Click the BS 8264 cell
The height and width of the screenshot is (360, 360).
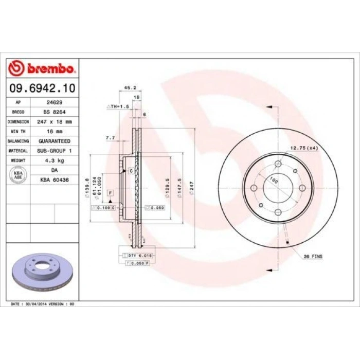tap(53, 112)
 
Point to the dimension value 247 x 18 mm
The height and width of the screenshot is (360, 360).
tap(53, 121)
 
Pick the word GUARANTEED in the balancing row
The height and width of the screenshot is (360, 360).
tap(53, 140)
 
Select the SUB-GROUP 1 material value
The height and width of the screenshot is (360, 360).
tap(53, 150)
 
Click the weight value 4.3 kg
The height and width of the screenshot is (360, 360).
tap(53, 160)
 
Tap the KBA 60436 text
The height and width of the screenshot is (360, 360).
tap(53, 180)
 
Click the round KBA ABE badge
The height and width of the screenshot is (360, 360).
tap(18, 175)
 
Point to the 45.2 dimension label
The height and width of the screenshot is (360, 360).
tap(130, 87)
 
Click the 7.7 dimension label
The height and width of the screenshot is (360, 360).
tap(110, 138)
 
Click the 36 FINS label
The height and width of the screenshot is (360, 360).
tap(313, 256)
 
